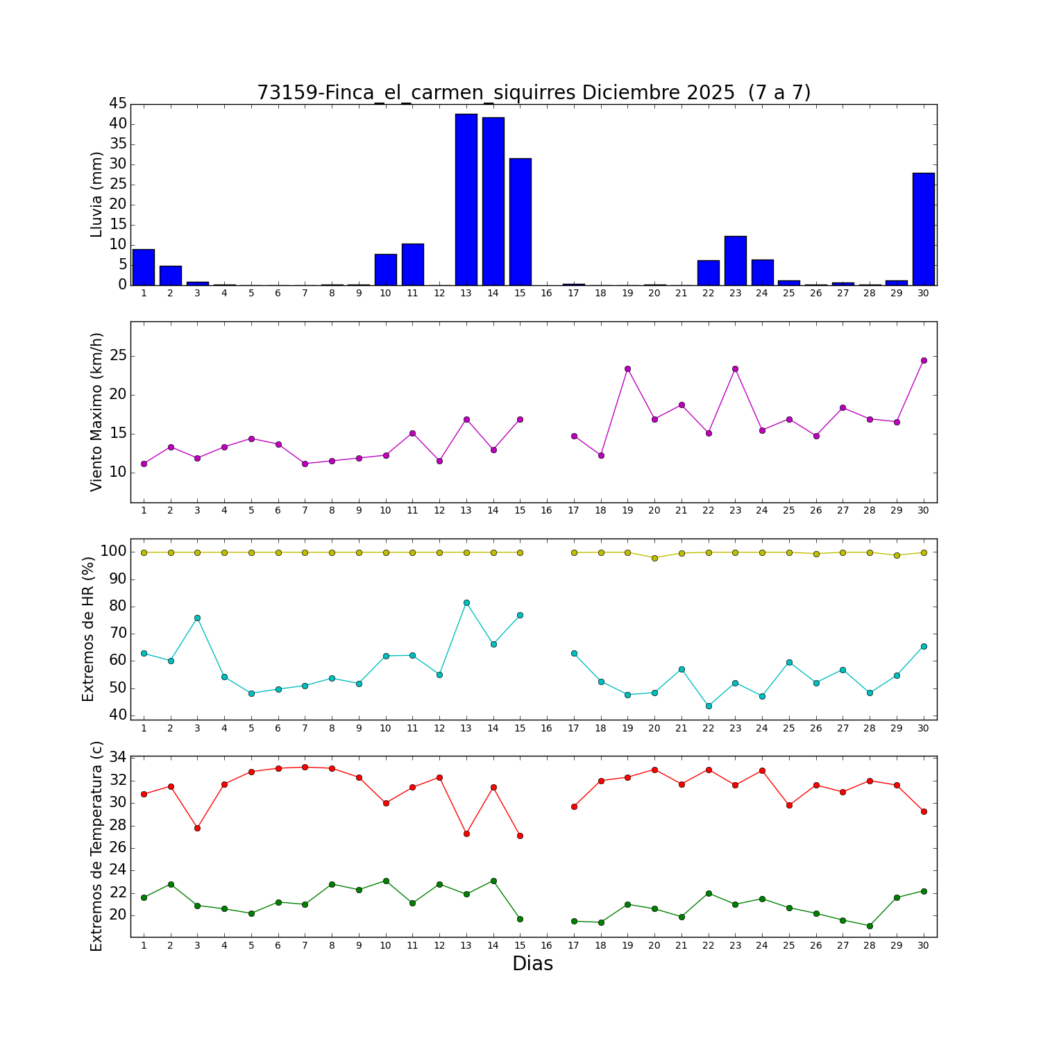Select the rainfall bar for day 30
coord(923,229)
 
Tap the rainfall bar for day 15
coord(520,222)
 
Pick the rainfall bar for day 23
coord(735,261)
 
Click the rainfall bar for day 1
coord(144,267)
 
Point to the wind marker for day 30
coord(923,360)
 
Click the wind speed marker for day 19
coord(627,369)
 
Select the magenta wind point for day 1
coord(144,464)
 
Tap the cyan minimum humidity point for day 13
coord(466,602)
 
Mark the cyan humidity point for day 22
coord(709,706)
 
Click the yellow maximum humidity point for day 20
coord(654,558)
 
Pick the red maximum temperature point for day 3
coord(197,828)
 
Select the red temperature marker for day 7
coord(305,767)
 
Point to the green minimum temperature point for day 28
coord(870,926)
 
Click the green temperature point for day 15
coord(520,919)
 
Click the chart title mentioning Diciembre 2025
coord(533,92)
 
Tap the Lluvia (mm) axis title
coord(97,194)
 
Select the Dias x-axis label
coord(532,963)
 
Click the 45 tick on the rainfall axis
coord(118,104)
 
